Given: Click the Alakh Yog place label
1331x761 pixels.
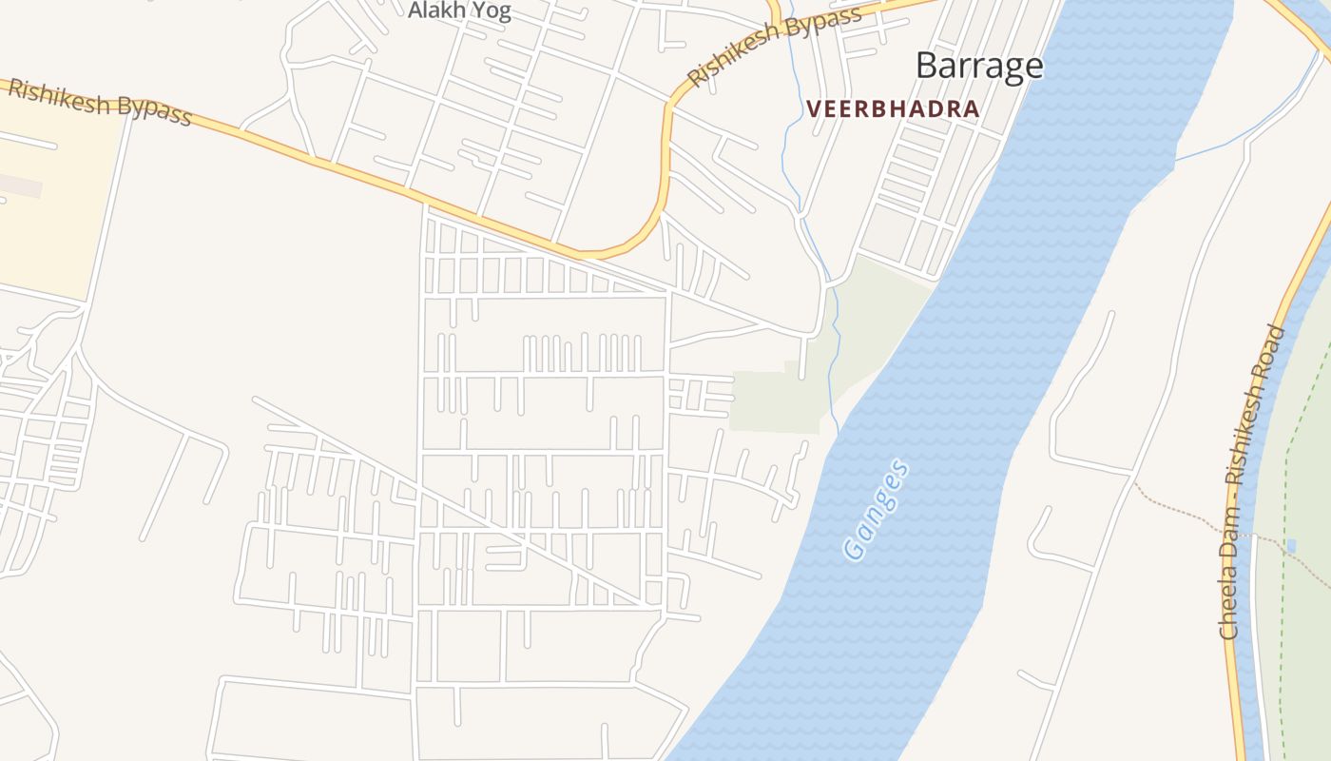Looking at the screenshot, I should point(459,11).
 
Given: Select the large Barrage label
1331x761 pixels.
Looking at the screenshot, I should point(979,66).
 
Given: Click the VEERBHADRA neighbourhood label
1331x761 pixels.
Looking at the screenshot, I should point(893,109).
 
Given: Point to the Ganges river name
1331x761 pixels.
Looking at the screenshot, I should point(876,510).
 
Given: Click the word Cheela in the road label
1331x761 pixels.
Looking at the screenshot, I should point(1229,610).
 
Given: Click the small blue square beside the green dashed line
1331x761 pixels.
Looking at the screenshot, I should point(1290,546).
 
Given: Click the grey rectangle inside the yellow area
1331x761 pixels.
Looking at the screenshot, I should point(19,185).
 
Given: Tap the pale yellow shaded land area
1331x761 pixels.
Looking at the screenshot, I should point(57,219).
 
